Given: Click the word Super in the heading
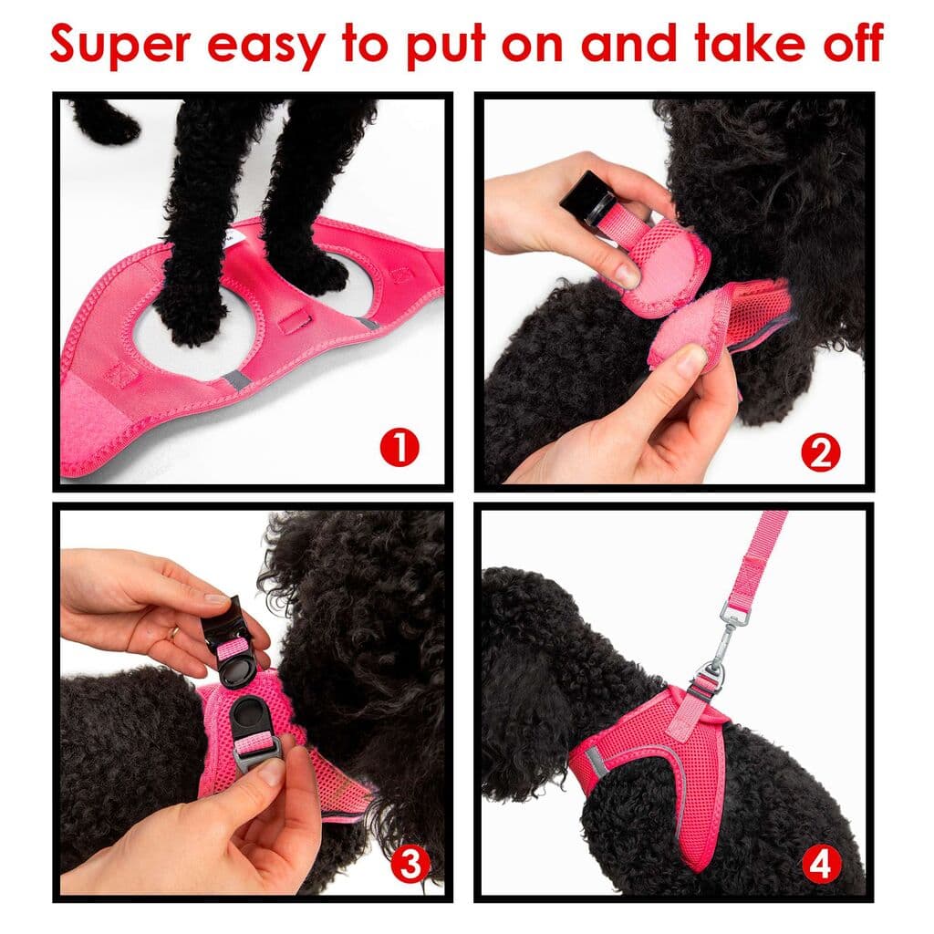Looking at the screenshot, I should pyautogui.click(x=119, y=44).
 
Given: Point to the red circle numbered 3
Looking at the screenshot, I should pyautogui.click(x=410, y=863).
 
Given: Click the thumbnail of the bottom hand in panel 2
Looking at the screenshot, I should pyautogui.click(x=690, y=361).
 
